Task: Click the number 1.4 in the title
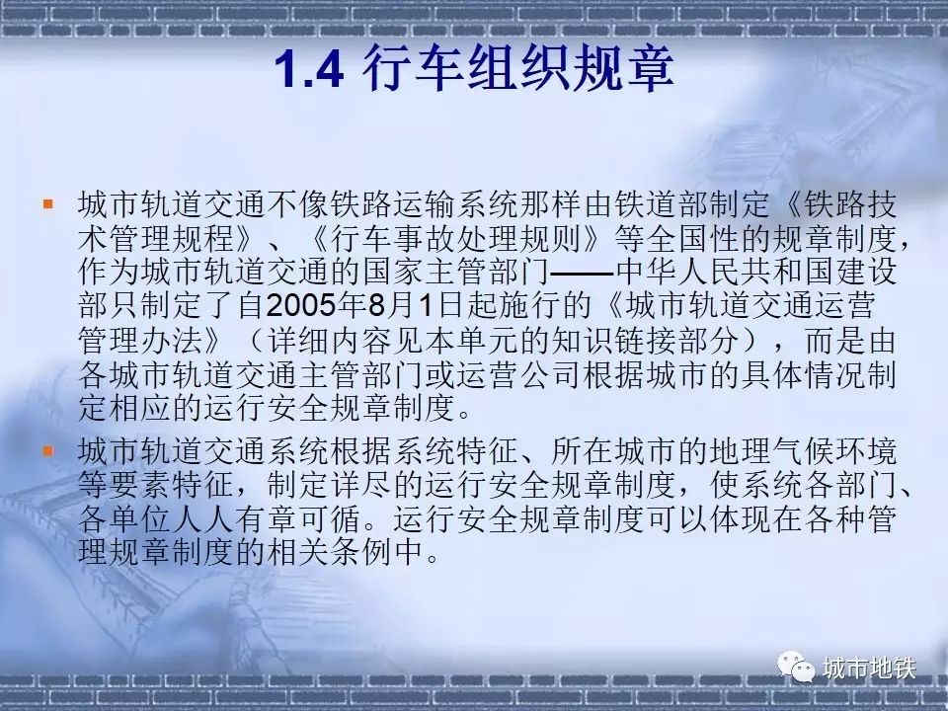309,69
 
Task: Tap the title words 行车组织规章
518,68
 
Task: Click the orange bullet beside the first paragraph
47,203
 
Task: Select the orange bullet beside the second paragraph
47,450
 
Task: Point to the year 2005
300,306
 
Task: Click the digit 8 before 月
377,306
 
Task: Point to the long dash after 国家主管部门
583,274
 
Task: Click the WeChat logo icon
796,667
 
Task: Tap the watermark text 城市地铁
869,669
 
